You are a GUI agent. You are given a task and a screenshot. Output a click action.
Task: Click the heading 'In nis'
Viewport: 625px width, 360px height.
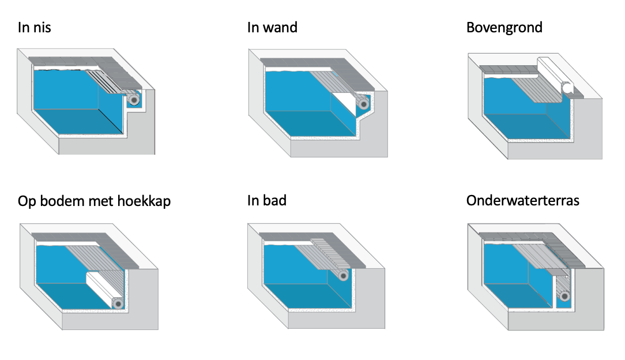click(x=34, y=28)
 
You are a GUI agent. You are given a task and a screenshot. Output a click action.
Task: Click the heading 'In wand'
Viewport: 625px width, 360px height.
click(x=272, y=28)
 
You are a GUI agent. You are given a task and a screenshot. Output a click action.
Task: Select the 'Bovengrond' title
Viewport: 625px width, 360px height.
click(x=504, y=28)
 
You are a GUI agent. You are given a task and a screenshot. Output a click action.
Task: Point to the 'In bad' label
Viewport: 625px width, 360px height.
click(x=266, y=201)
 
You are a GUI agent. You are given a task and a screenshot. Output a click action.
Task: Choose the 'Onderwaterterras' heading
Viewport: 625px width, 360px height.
click(x=522, y=201)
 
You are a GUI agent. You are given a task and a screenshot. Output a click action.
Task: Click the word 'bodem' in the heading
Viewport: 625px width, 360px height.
click(x=62, y=201)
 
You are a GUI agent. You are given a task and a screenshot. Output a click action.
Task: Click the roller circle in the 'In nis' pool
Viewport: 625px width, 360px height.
click(x=134, y=99)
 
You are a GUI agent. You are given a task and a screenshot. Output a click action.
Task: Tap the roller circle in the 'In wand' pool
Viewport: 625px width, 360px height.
click(x=363, y=104)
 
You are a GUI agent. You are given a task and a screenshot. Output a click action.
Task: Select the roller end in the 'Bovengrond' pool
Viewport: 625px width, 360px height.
click(x=567, y=88)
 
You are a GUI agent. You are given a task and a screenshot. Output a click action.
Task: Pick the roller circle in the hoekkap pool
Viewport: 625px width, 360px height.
click(x=118, y=303)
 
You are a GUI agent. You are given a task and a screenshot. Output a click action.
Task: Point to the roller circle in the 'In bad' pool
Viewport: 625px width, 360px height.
click(x=343, y=276)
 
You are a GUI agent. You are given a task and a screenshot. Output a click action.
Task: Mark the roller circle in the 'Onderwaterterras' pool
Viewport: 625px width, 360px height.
click(x=564, y=296)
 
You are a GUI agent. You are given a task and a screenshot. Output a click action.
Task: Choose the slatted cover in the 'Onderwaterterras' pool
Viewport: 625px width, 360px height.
click(x=541, y=258)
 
